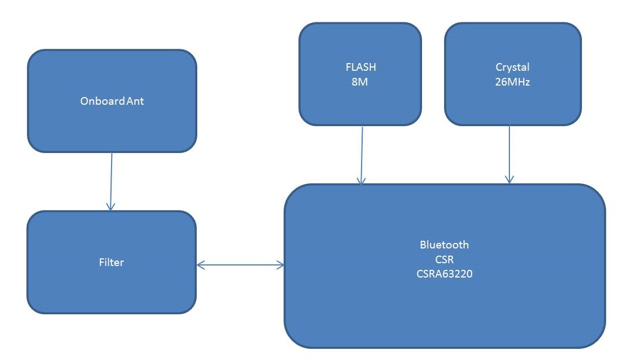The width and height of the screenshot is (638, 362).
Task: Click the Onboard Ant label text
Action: point(112,101)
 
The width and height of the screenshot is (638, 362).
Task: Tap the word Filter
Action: point(112,262)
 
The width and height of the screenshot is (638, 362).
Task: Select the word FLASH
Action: point(360,67)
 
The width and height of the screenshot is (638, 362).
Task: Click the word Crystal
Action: point(512,67)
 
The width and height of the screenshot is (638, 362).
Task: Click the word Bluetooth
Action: point(444,245)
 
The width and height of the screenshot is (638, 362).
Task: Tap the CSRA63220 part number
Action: point(444,274)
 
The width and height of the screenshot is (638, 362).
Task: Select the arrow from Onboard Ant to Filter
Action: point(111,181)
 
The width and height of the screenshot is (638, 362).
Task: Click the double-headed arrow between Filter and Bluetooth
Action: point(240,265)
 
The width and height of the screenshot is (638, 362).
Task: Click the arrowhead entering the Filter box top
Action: point(110,207)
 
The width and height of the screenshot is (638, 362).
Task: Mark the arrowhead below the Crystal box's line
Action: point(509,179)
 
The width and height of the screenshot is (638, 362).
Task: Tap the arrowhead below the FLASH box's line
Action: point(361,180)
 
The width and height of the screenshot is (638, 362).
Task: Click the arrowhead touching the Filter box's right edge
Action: point(200,265)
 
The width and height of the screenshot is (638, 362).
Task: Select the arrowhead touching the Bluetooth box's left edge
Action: point(281,265)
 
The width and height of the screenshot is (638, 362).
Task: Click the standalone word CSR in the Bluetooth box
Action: point(444,259)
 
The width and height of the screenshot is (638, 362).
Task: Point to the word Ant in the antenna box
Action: point(135,101)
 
